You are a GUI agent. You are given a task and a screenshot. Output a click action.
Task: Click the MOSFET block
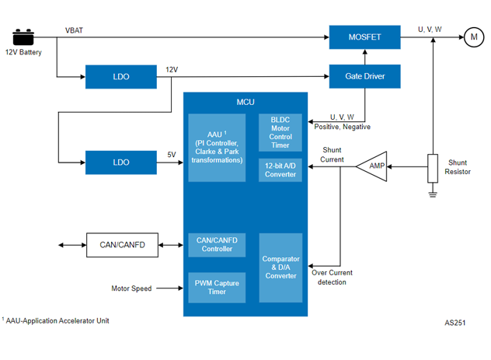pos(364,37)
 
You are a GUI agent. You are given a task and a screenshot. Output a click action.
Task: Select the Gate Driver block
pos(364,76)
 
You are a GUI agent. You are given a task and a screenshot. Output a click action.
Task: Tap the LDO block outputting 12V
pos(120,76)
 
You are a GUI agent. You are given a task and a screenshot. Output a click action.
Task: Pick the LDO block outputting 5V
pos(120,162)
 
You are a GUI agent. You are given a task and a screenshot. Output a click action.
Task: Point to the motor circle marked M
pos(472,36)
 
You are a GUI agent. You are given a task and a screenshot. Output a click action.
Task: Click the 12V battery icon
pos(23,37)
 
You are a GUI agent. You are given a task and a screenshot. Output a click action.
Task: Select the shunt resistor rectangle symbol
pos(433,169)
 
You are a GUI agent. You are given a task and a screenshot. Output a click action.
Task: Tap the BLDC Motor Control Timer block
pos(280,131)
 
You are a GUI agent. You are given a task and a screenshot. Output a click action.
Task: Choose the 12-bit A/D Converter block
pos(280,170)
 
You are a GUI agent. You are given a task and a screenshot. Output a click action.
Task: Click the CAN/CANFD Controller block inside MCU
pos(217,245)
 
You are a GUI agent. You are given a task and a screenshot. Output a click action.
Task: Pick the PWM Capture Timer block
pos(217,288)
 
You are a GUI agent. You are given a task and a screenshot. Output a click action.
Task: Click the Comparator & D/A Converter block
pos(280,267)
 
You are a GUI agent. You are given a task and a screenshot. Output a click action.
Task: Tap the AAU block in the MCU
pos(217,147)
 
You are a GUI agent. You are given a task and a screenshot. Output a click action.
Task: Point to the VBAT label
pos(75,30)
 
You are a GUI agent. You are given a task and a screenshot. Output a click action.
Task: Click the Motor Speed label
pos(131,288)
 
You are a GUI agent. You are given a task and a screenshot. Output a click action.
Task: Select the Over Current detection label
pos(333,277)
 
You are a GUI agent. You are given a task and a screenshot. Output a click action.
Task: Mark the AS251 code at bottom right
pos(454,322)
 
